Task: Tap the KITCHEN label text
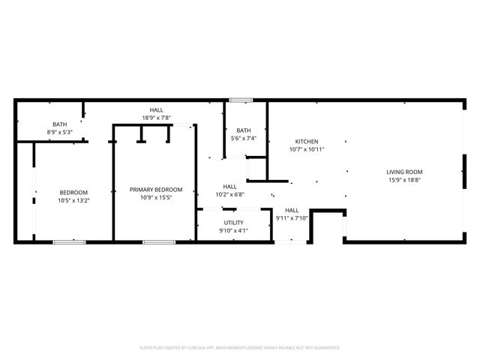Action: pyautogui.click(x=307, y=142)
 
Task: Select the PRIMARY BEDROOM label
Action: pyautogui.click(x=156, y=189)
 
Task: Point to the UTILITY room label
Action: pyautogui.click(x=233, y=223)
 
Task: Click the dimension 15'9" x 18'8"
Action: pyautogui.click(x=404, y=180)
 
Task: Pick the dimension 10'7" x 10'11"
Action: pyautogui.click(x=307, y=150)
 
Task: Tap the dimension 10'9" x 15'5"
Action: pyautogui.click(x=156, y=197)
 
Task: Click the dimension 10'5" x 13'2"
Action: pyautogui.click(x=73, y=200)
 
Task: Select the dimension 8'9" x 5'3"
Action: pyautogui.click(x=59, y=133)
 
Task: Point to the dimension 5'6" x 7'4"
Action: pyautogui.click(x=244, y=139)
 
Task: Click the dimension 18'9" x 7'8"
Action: pyautogui.click(x=157, y=118)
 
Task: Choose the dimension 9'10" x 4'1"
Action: pyautogui.click(x=233, y=231)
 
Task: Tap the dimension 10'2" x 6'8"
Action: pyautogui.click(x=229, y=195)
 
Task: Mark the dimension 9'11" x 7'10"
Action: pyautogui.click(x=292, y=218)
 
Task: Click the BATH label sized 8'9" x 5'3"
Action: pyautogui.click(x=59, y=124)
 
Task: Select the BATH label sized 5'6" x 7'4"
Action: pyautogui.click(x=244, y=130)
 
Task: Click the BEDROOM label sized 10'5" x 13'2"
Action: pyautogui.click(x=73, y=192)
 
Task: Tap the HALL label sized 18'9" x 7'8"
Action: pyautogui.click(x=157, y=109)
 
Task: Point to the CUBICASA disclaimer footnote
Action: pyautogui.click(x=240, y=347)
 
